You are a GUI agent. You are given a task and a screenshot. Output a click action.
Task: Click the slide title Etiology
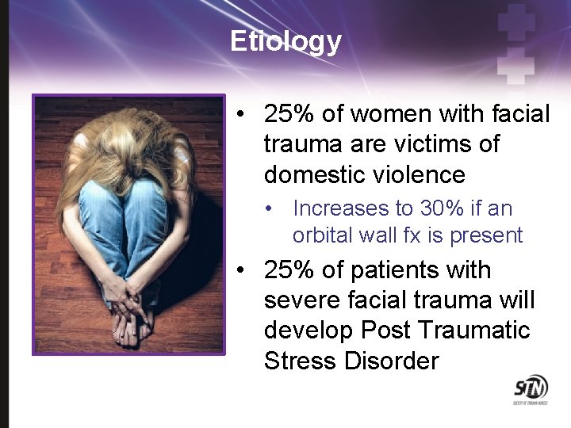coord(285,40)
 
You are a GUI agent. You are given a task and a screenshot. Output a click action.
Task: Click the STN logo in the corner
coord(531,388)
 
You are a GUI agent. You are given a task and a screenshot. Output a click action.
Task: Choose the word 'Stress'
coord(301,361)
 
